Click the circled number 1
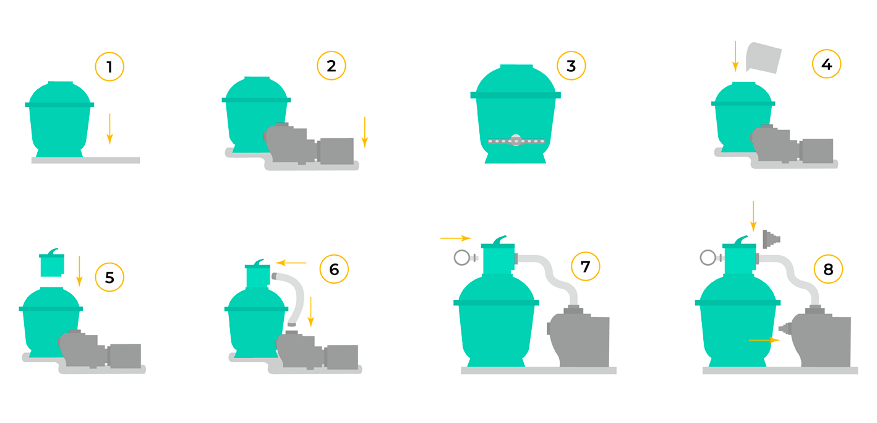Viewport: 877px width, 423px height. click(x=109, y=67)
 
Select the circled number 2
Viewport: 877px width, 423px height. click(x=332, y=66)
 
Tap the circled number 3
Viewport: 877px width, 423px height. click(x=571, y=66)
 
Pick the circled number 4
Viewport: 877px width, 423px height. click(x=826, y=64)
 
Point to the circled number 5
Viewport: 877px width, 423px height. click(x=109, y=277)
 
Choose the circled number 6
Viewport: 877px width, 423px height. click(x=334, y=269)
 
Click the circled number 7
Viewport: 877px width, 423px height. click(x=585, y=266)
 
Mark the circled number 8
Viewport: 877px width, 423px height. click(x=828, y=269)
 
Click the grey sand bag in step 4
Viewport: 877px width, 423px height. click(x=763, y=58)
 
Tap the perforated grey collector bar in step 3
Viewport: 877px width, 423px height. click(x=516, y=141)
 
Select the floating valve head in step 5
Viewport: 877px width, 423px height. click(x=52, y=263)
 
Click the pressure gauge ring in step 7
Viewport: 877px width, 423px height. click(x=462, y=258)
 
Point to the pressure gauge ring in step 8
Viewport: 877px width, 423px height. click(x=708, y=258)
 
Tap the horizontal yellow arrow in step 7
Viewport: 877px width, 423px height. click(x=456, y=238)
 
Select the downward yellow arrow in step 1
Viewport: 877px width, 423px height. click(x=109, y=129)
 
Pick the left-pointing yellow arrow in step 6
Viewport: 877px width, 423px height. click(x=291, y=263)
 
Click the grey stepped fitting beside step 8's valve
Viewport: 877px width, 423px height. click(x=771, y=239)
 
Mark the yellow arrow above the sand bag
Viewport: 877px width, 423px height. click(x=735, y=56)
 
